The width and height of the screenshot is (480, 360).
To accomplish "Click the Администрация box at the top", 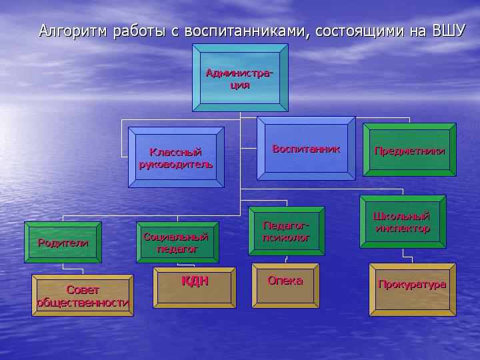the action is pos(240,78).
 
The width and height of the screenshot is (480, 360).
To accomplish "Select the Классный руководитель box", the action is pos(176,157).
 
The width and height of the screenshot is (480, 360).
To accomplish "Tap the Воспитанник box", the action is pos(306,149).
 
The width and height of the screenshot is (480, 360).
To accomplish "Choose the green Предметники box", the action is pos(409,150).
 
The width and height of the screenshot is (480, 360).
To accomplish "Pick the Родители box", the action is pos(63,242).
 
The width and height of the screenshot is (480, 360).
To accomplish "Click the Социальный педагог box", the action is pos(177,242).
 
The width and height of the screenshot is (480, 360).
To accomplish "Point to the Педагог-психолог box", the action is pos(287,231).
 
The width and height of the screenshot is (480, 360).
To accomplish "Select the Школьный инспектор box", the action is pos(403,221).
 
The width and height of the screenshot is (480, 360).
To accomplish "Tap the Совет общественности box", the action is pos(83,295).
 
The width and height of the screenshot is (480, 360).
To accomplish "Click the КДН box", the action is pos(195,288).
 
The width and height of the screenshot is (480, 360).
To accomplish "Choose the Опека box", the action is pos(285,285).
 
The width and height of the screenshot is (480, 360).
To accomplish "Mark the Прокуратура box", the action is pos(413,289).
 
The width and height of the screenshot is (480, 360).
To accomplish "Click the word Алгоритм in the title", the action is pos(73,31).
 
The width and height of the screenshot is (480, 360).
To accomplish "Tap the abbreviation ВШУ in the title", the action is pos(449,31).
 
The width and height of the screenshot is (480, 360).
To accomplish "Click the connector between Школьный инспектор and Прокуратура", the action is pos(407,257).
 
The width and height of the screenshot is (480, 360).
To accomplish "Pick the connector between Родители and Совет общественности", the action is pos(73,269).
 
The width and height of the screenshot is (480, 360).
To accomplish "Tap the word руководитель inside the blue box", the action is pos(176,165).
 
